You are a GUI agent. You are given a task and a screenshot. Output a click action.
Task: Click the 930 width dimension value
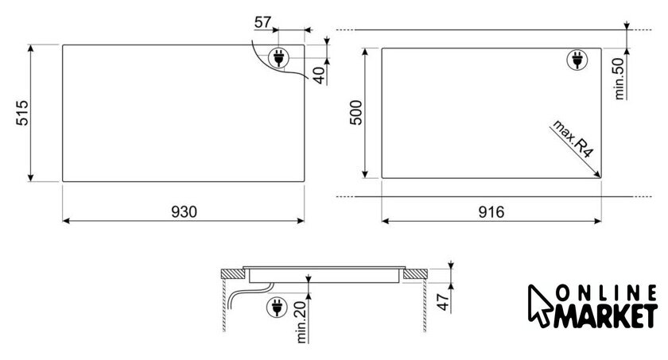pos(184,211)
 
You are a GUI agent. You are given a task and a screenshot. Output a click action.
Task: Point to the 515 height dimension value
pos(22,113)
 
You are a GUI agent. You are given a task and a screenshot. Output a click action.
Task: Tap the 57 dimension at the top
pos(262,22)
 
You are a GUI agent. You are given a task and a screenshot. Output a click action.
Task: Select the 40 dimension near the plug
pos(319,75)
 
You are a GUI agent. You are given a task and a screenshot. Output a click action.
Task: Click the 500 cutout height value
pos(355,112)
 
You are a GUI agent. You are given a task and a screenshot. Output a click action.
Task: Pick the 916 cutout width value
pos(491,211)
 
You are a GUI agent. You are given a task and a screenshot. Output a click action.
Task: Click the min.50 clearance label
pos(619,79)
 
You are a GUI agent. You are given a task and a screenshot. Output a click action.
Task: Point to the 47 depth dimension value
pos(444,302)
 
